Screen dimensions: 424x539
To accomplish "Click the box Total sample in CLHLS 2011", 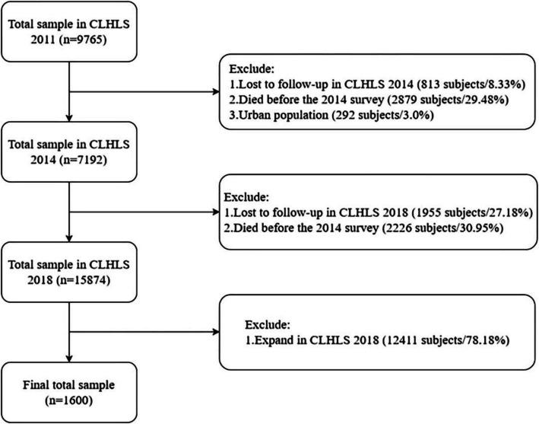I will (x=68, y=31).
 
